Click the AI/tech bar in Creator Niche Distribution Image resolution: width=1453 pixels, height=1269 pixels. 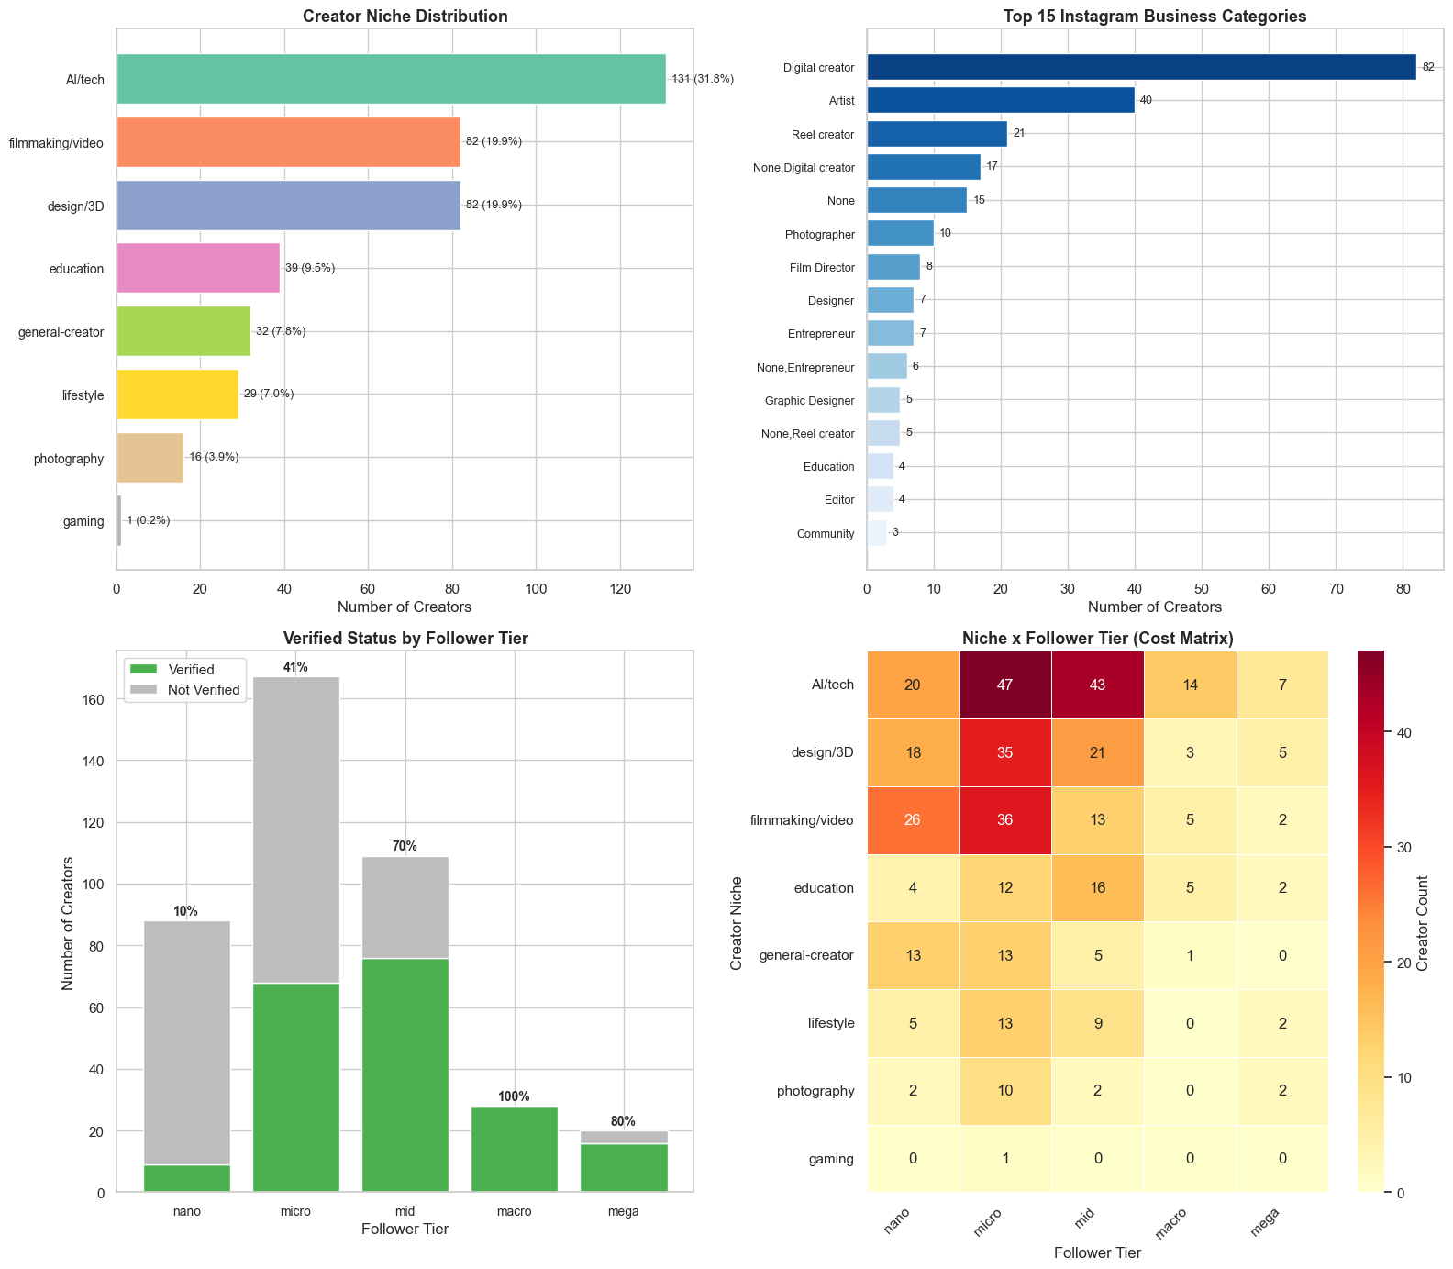click(x=391, y=79)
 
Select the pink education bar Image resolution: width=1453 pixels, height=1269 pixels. click(x=198, y=268)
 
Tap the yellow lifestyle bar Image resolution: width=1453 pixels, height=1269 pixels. click(x=177, y=395)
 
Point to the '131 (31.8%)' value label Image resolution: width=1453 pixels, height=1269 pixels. click(x=703, y=79)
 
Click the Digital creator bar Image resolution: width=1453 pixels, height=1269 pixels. click(x=1141, y=67)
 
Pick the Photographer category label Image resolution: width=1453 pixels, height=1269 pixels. click(x=820, y=234)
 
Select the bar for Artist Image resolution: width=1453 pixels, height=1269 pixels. click(x=1001, y=100)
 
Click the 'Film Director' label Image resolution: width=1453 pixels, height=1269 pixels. click(x=822, y=268)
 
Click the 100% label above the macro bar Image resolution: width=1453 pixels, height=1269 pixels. click(x=515, y=1096)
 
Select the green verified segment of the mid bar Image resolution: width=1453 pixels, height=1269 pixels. click(x=405, y=1074)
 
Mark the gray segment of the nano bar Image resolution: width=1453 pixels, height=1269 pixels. click(x=187, y=1042)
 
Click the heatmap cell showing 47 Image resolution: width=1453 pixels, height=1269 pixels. click(x=1005, y=685)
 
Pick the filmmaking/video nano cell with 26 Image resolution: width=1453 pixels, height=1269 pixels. click(x=914, y=820)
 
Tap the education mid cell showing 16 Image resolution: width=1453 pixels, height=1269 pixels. click(x=1098, y=888)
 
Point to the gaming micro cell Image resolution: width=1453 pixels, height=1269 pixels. click(x=1005, y=1159)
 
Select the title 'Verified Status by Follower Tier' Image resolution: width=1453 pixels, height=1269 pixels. click(x=405, y=639)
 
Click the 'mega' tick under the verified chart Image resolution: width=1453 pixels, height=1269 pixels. click(x=624, y=1211)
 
